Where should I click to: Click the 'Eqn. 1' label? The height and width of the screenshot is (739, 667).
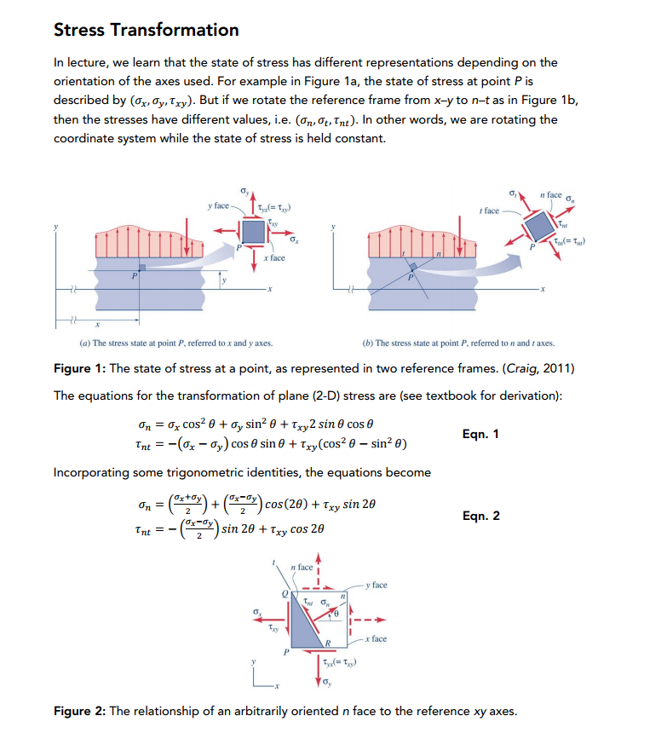click(x=481, y=435)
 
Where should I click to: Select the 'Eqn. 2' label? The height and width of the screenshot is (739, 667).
click(x=481, y=516)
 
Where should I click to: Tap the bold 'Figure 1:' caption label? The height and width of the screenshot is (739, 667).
click(x=83, y=367)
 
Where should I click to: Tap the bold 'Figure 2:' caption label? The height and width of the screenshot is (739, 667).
click(x=83, y=711)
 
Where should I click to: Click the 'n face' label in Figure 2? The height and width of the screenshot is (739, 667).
click(x=302, y=567)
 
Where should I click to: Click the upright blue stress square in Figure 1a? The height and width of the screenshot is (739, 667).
click(x=252, y=230)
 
